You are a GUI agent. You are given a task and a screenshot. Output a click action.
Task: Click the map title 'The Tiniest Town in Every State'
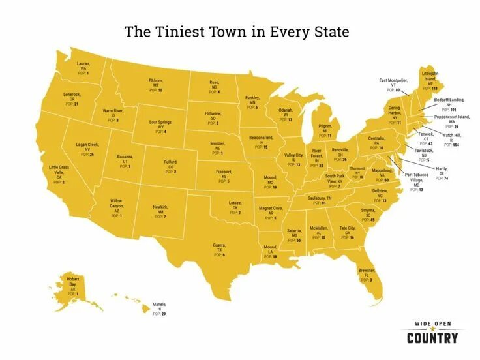[237, 31]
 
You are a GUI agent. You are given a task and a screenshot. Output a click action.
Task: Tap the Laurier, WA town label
[83, 67]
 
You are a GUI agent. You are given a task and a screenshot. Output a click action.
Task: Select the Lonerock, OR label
[72, 98]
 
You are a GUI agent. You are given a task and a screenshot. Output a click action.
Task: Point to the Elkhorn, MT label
[155, 84]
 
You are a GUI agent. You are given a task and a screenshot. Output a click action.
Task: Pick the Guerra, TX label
[218, 249]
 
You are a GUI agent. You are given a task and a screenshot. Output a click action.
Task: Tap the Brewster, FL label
[365, 274]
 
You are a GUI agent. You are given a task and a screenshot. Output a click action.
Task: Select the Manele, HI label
[159, 308]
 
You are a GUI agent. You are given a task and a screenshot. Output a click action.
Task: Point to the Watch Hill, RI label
[451, 140]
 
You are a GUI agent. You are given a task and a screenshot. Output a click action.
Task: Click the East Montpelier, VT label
[393, 83]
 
